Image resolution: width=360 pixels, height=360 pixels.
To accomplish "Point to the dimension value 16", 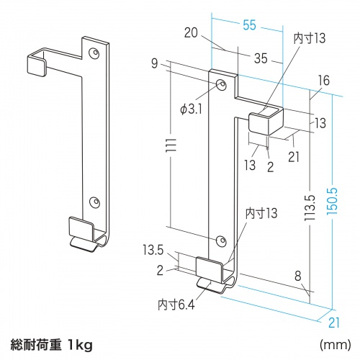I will pos(323,81).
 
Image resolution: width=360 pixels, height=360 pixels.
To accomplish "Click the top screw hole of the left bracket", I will pos(95,54).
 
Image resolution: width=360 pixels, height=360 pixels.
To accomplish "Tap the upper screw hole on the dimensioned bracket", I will pos(221,86).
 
